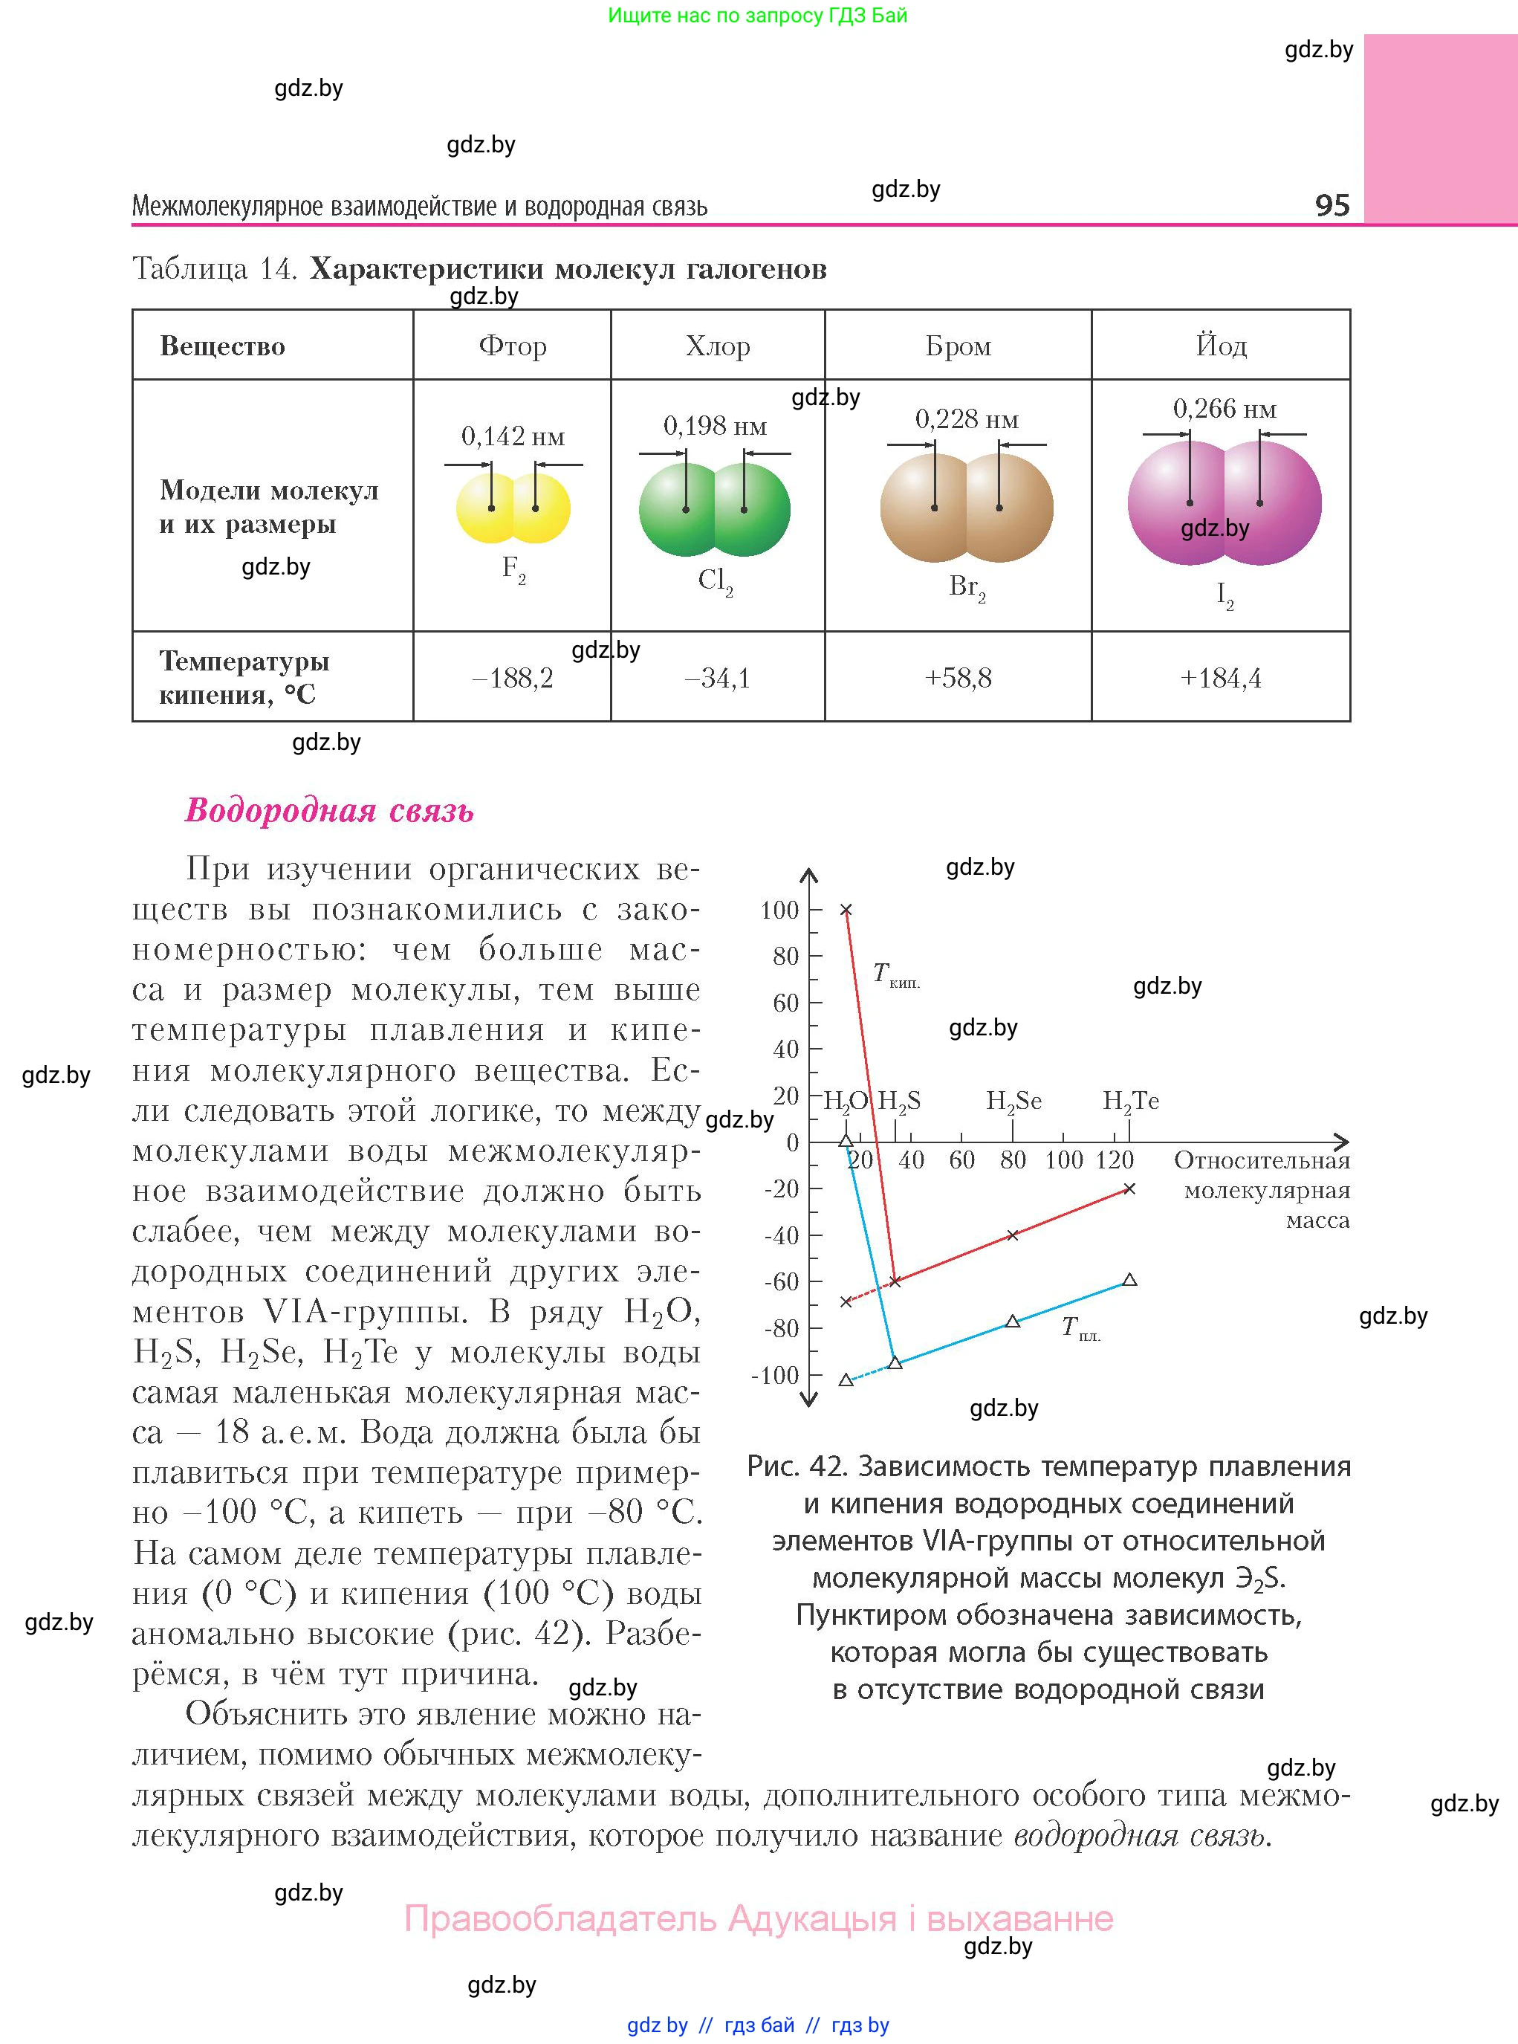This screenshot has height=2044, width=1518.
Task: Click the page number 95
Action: point(1332,204)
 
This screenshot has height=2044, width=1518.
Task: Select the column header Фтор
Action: point(512,346)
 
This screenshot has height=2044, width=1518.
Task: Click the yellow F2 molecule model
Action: point(513,508)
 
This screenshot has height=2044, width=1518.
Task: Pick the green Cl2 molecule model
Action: point(714,509)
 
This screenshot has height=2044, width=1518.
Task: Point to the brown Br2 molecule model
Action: point(966,508)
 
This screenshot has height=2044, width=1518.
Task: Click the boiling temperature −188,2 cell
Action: point(512,679)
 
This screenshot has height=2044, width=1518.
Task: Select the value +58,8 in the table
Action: point(958,679)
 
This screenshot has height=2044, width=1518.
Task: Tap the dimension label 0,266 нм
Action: point(1224,409)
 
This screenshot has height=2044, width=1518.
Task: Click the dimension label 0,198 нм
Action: point(714,426)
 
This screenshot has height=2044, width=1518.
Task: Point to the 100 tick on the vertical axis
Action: point(779,910)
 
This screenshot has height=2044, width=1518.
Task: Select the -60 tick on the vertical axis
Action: point(781,1281)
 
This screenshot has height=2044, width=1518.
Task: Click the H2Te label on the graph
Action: point(1130,1101)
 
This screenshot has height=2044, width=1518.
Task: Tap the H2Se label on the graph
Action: point(1013,1101)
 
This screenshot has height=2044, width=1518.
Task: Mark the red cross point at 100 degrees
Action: point(846,910)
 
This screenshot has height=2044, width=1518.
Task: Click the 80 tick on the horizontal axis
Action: point(1013,1160)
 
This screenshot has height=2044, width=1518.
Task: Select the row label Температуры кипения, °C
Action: point(244,677)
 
